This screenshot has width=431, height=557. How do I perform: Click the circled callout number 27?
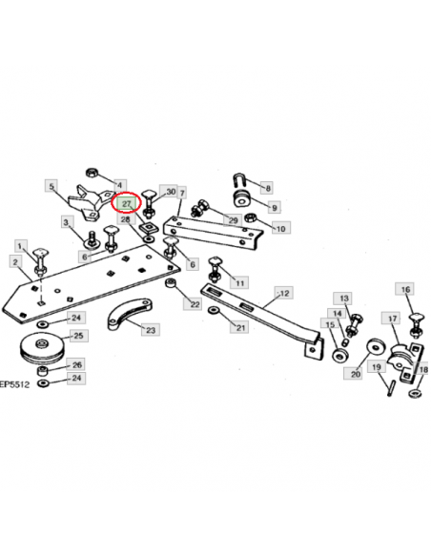(x=127, y=204)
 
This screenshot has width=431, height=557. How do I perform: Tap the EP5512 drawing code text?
(x=14, y=384)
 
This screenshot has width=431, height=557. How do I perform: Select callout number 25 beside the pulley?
(x=79, y=336)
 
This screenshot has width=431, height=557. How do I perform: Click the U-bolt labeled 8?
(x=239, y=180)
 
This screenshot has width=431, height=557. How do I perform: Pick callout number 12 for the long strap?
(x=284, y=293)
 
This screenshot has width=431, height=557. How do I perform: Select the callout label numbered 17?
(x=392, y=318)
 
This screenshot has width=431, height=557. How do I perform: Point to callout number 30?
(x=170, y=192)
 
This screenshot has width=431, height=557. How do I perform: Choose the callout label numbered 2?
(x=15, y=262)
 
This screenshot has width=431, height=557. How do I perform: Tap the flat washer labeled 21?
(x=214, y=310)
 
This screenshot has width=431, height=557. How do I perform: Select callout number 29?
(x=233, y=220)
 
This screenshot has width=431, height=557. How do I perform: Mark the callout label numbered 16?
(x=406, y=289)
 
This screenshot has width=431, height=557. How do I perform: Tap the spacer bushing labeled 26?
(x=43, y=372)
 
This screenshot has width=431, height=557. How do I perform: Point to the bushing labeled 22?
(x=171, y=283)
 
